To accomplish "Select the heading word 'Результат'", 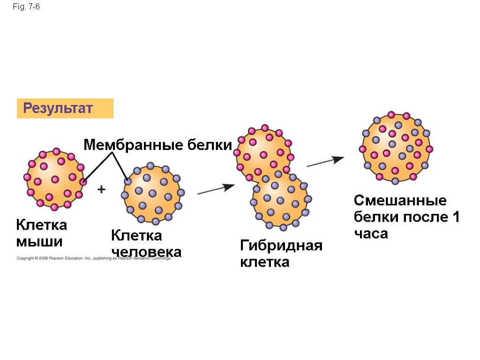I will click(58, 109).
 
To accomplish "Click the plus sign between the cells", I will click(101, 189).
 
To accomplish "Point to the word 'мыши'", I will click(39, 242).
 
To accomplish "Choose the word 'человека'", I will click(146, 252).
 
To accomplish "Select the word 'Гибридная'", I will click(281, 245).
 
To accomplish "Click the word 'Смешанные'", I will click(400, 201).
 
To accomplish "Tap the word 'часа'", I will click(371, 233).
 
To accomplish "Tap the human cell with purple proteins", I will click(152, 193).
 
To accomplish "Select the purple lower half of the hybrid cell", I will click(280, 200).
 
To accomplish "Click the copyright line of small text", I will click(94, 258).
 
